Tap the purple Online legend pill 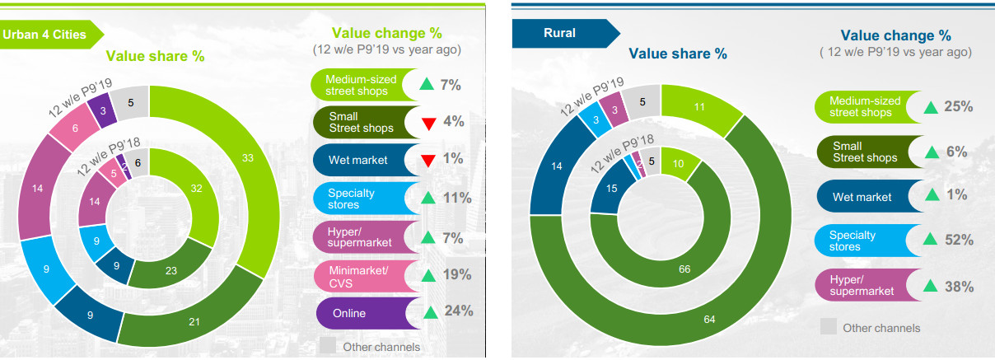[x=362, y=313]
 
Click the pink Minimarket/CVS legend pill [x=362, y=275]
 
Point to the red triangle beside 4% [x=428, y=124]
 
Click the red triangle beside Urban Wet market [x=428, y=160]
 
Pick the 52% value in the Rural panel [x=959, y=240]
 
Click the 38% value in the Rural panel [x=959, y=287]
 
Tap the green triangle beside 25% [x=931, y=107]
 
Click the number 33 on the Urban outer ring [x=248, y=157]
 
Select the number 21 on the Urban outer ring [x=194, y=320]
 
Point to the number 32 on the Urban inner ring [x=196, y=188]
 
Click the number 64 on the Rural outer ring [x=710, y=319]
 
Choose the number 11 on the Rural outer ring [x=698, y=106]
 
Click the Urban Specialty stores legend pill [x=362, y=199]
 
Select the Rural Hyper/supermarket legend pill [x=865, y=287]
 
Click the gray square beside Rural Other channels [x=829, y=327]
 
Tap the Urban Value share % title [x=154, y=56]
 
